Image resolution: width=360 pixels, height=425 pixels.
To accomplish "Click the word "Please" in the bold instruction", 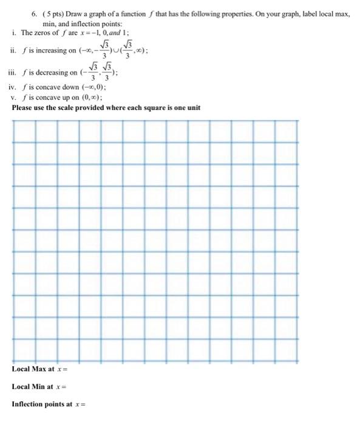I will (x=22, y=108).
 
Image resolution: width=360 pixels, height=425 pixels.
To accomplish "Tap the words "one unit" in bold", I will (x=187, y=108).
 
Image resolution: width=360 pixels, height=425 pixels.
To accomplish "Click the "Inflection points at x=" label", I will (x=49, y=404).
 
